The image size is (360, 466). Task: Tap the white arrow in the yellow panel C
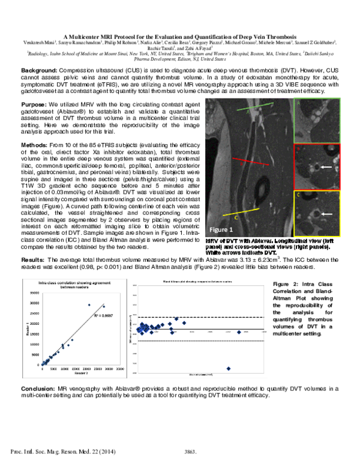[325, 213]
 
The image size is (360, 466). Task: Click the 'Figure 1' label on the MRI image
[238, 229]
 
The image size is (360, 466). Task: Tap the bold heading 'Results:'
[35, 259]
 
